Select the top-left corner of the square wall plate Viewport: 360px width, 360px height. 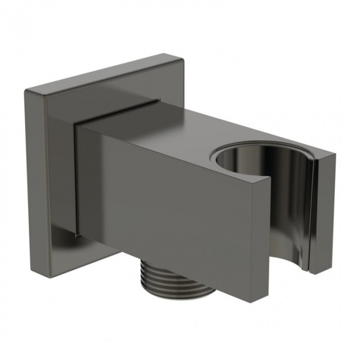click(26, 90)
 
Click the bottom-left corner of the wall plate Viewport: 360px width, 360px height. click(50, 277)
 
